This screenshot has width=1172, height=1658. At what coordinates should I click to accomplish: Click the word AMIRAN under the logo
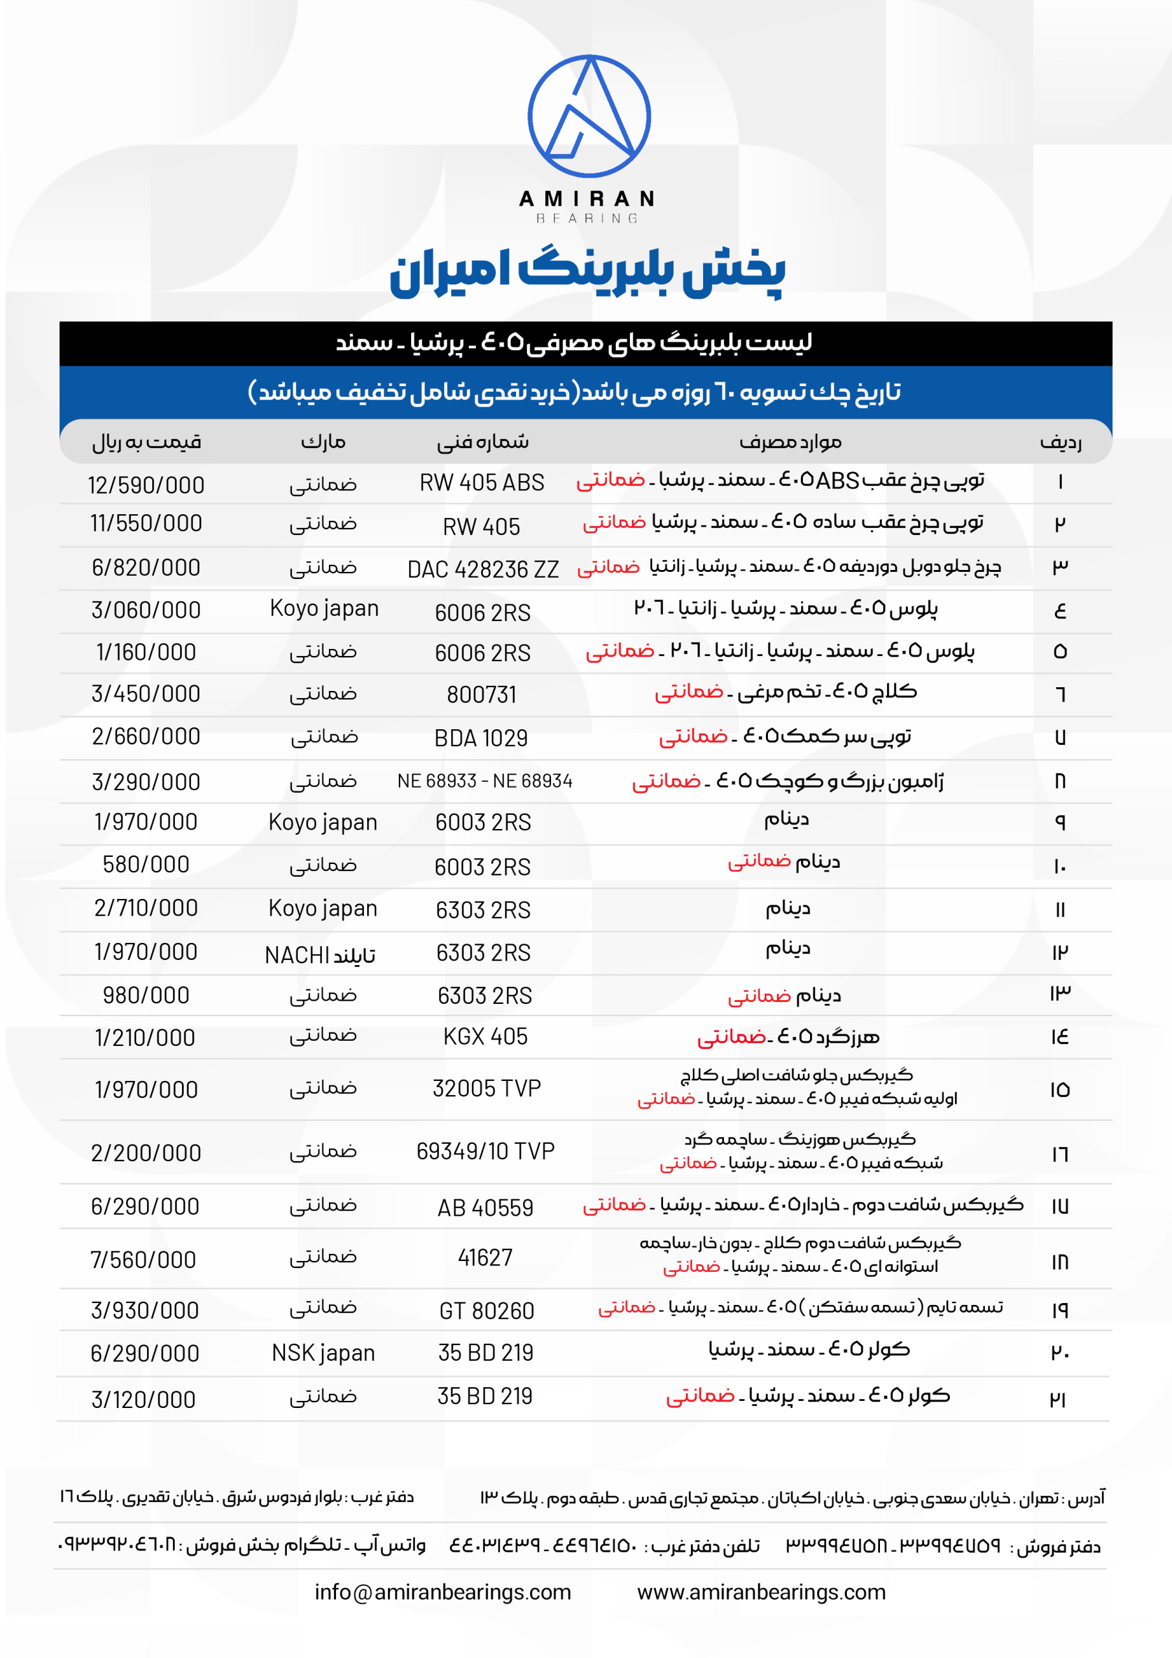pos(587,199)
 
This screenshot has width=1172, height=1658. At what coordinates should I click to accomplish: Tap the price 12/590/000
pos(146,485)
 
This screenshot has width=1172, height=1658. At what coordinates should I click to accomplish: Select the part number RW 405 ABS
pos(482,483)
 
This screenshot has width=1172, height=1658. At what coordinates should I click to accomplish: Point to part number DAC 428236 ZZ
pos(482,570)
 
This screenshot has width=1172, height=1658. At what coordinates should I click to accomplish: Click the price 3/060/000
pos(146,610)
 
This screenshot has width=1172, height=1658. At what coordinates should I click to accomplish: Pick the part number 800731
pos(482,695)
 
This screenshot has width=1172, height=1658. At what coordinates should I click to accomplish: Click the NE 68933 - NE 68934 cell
pos(484,780)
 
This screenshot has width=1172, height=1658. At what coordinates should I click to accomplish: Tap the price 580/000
pos(146,865)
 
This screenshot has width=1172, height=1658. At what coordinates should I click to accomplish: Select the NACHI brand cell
pos(320,955)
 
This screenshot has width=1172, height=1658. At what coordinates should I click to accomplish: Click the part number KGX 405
pos(485,1037)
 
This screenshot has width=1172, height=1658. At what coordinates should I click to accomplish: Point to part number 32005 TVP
pos(487,1088)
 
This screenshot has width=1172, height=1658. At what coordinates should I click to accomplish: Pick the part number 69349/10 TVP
pos(485,1151)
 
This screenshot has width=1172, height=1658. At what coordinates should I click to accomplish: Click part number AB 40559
pos(485,1207)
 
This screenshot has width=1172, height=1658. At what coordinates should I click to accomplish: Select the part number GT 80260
pos(487,1311)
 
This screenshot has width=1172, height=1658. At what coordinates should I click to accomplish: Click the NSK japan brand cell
pos(323,1352)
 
